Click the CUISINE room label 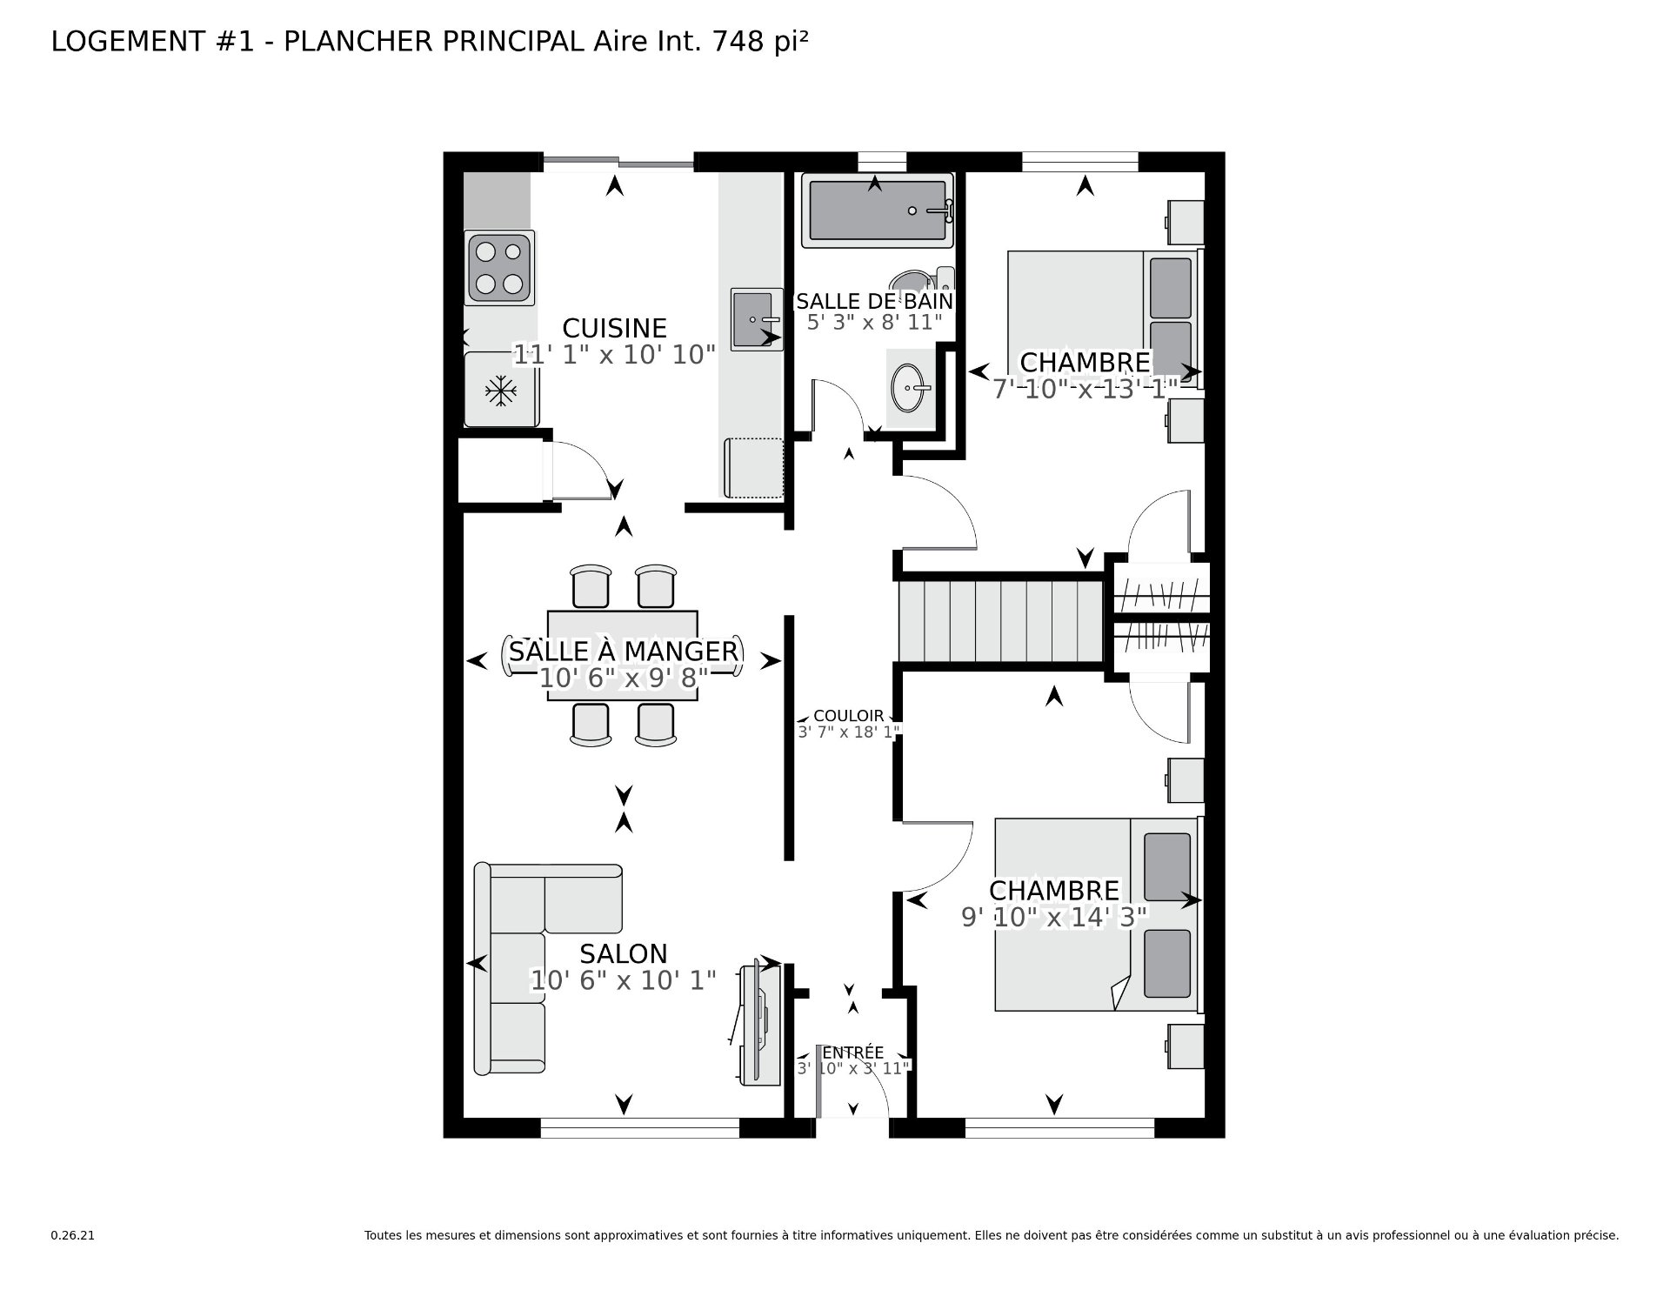click(614, 328)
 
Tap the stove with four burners click(499, 268)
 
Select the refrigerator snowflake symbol click(500, 390)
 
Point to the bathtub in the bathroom click(877, 211)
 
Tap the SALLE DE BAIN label click(875, 301)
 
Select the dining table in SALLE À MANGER click(622, 655)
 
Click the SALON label click(624, 954)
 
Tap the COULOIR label click(848, 716)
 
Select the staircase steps click(1001, 621)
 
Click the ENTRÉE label click(852, 1053)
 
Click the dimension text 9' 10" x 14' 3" click(1054, 917)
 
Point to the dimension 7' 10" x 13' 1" click(1085, 388)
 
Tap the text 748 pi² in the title click(760, 41)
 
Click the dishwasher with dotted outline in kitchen click(754, 468)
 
